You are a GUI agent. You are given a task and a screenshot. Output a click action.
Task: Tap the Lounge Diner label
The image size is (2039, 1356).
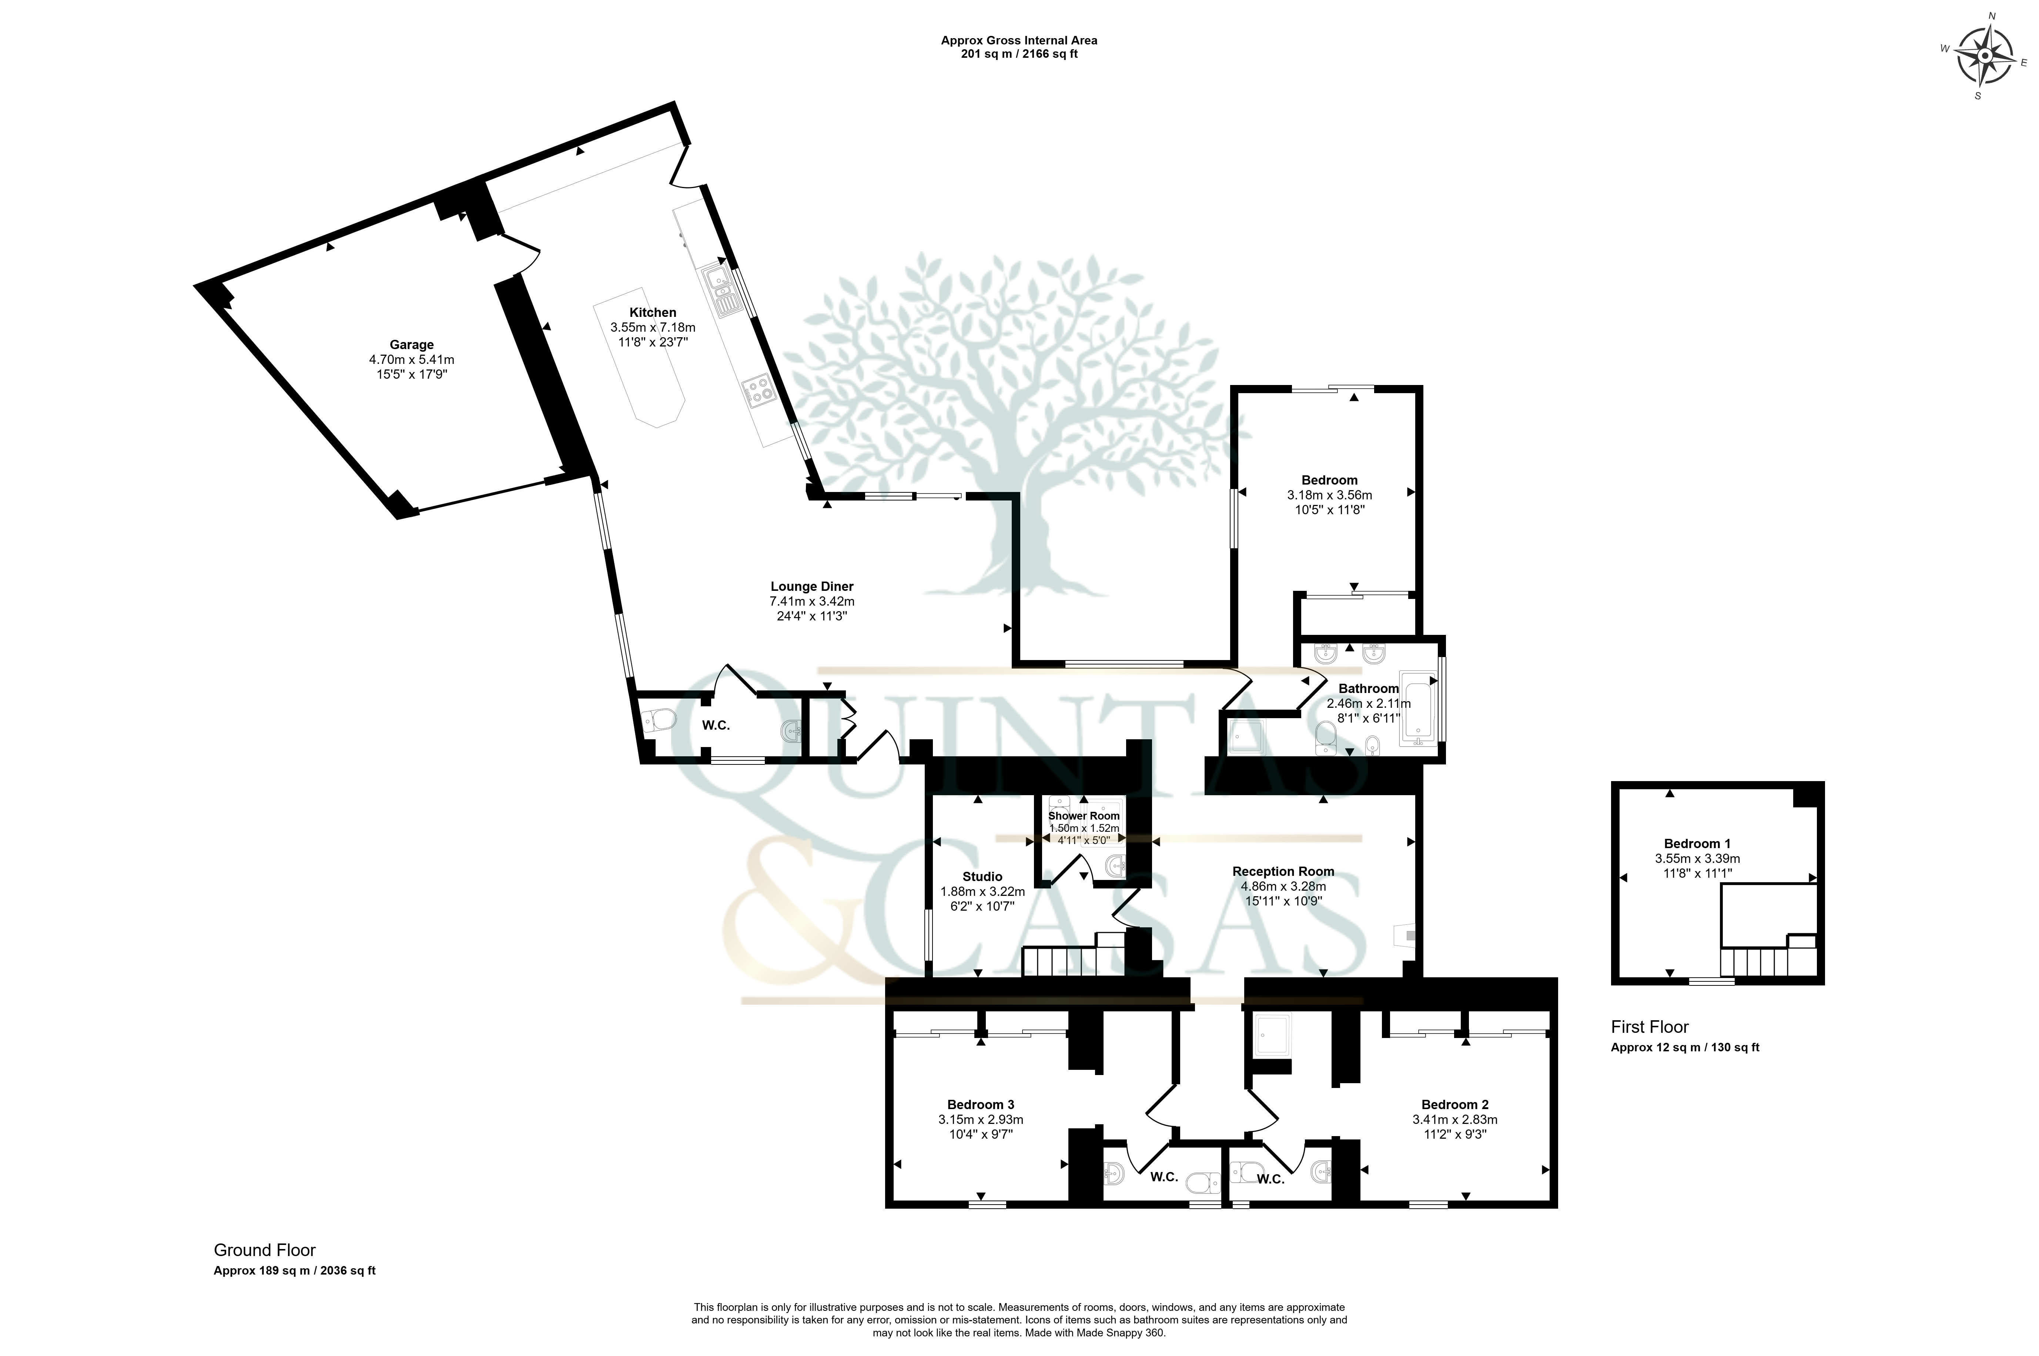click(x=812, y=586)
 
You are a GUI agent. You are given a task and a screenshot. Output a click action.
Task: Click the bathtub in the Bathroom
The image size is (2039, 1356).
click(x=1418, y=709)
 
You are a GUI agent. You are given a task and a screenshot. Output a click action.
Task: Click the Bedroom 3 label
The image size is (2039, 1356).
click(x=981, y=1104)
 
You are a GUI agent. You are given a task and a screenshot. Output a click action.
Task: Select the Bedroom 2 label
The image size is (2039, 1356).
click(x=1455, y=1104)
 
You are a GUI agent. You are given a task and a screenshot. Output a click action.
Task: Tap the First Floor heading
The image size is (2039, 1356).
click(x=1650, y=1027)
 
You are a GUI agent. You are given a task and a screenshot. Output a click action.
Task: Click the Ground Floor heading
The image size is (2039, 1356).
click(x=265, y=1250)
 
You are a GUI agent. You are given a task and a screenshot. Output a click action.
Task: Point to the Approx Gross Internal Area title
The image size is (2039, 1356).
click(x=1019, y=40)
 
